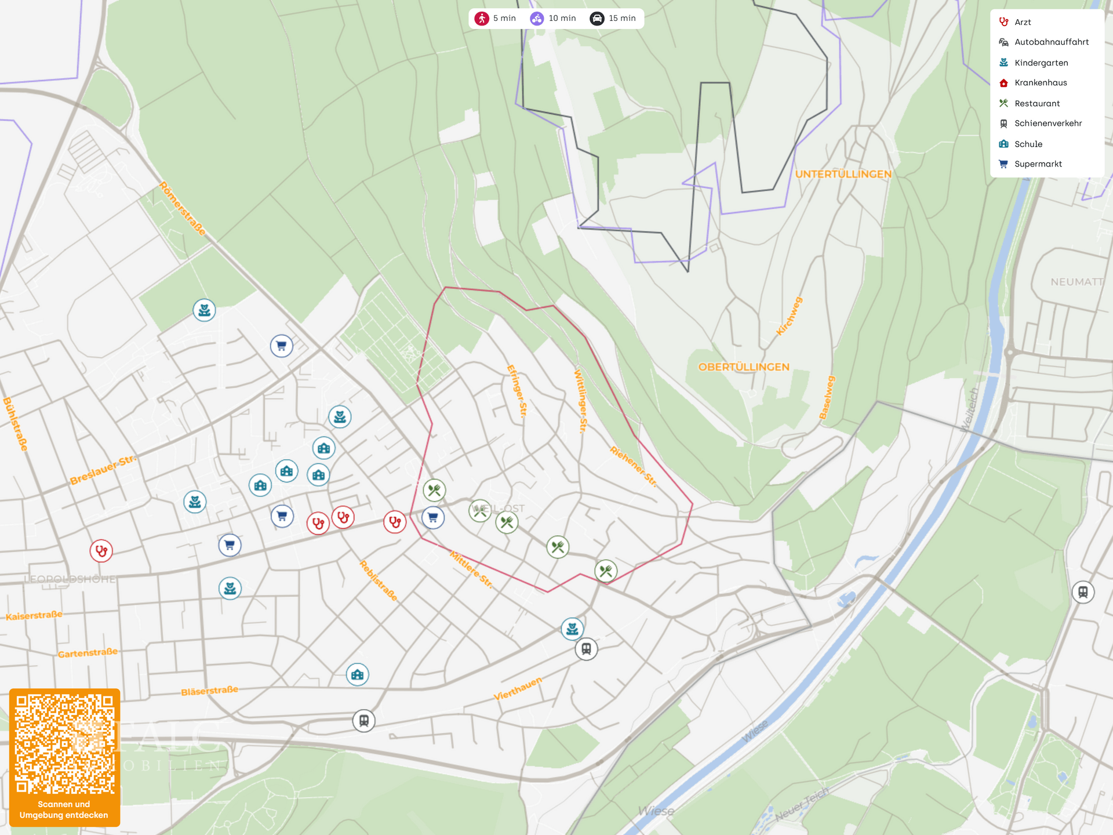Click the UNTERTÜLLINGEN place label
[x=843, y=174]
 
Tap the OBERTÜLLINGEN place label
[x=744, y=367]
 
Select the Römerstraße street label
[x=182, y=209]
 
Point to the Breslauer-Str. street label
[x=103, y=470]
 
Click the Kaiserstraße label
[x=34, y=615]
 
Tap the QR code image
[x=64, y=745]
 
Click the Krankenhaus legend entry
[x=1040, y=83]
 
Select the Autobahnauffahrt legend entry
[x=1051, y=42]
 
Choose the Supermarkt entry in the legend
[x=1038, y=164]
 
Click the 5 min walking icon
[x=482, y=19]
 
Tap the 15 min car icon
[x=596, y=19]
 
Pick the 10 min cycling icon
[x=537, y=19]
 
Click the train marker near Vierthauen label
[x=586, y=649]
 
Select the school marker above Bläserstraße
[x=358, y=674]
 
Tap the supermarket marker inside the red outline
[x=433, y=518]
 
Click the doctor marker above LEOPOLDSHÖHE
[x=101, y=551]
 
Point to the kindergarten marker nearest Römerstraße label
[x=204, y=310]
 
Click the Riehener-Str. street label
[x=633, y=466]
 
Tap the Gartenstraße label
[x=88, y=653]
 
